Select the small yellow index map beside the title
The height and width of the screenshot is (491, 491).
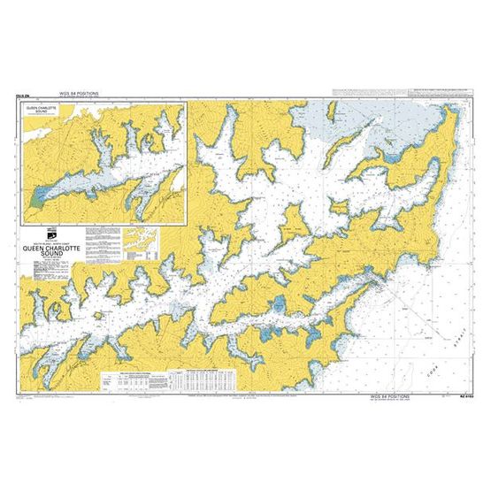(140, 238)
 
